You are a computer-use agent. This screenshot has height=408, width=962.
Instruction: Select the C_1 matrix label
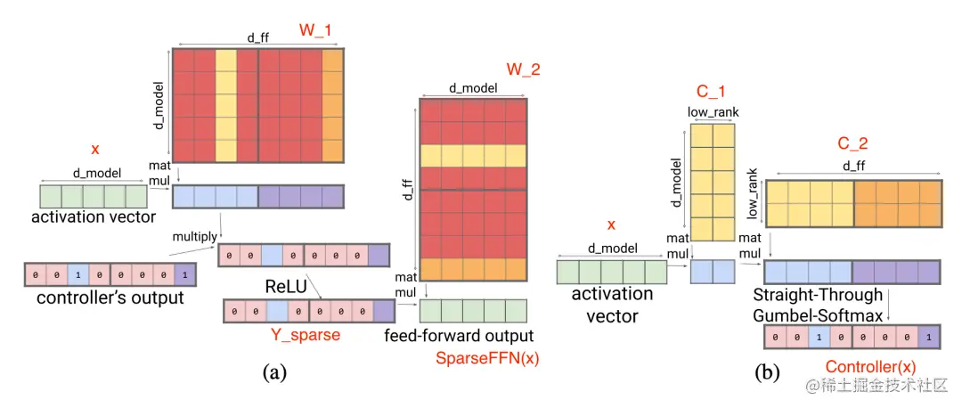[x=712, y=93]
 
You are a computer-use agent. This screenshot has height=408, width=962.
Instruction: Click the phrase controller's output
[x=110, y=298]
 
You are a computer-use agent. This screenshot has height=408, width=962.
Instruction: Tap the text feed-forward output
[x=459, y=336]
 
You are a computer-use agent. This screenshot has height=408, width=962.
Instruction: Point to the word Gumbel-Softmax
[x=818, y=314]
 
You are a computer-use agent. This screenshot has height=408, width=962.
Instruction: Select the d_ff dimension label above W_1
[x=257, y=38]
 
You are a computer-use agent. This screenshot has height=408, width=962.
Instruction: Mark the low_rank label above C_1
[x=712, y=112]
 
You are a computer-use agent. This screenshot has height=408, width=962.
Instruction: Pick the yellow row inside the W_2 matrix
[x=473, y=155]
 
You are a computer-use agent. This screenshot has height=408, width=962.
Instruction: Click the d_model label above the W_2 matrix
[x=472, y=87]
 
